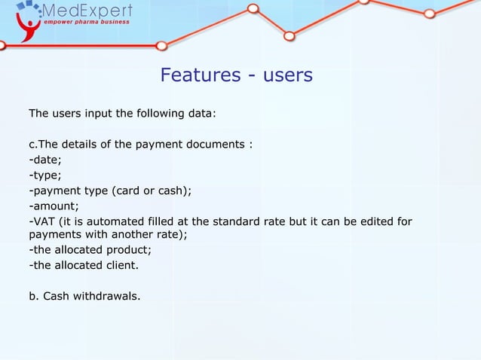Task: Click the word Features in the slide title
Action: point(198,76)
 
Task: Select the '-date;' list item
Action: point(44,160)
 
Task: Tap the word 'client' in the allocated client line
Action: point(119,265)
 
